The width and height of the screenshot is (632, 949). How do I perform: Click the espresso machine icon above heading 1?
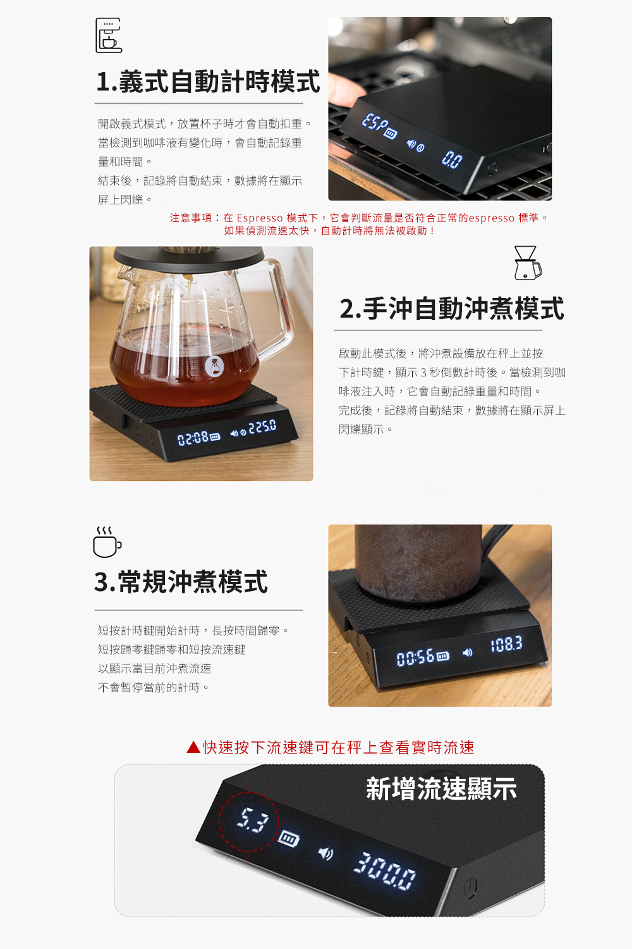[x=109, y=35]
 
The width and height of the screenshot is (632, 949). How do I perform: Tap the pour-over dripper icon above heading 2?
[x=528, y=263]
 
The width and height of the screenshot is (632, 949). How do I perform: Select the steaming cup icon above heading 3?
[x=107, y=542]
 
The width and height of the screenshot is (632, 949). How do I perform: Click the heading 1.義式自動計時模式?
[x=208, y=82]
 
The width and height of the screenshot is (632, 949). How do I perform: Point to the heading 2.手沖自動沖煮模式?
[x=452, y=309]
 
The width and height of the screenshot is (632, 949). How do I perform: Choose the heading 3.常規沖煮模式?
[x=181, y=581]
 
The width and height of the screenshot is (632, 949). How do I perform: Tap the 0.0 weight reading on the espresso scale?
[x=452, y=159]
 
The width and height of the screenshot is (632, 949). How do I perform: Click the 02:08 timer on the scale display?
[x=193, y=438]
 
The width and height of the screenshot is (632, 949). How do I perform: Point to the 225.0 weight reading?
[x=262, y=427]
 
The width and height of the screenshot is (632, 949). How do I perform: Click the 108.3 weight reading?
[x=506, y=644]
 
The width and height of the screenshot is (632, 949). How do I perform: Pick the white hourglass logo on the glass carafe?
[x=215, y=366]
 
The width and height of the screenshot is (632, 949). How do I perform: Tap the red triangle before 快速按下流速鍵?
[x=193, y=747]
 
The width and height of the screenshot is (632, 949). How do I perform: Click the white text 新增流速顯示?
[x=442, y=789]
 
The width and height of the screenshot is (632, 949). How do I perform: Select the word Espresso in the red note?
[x=260, y=218]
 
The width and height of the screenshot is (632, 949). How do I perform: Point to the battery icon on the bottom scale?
[x=289, y=838]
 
